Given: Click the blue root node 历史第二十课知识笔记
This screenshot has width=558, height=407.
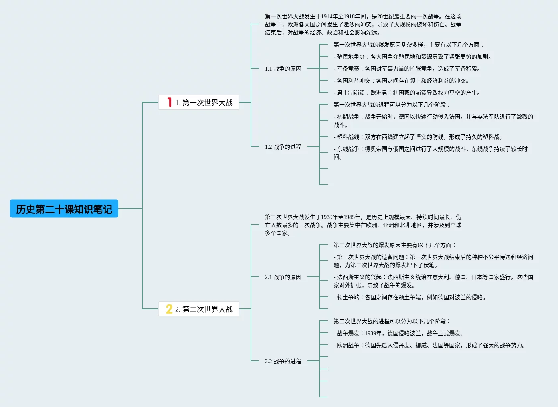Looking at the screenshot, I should coord(64,209).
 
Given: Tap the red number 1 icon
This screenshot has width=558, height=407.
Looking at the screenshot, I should coord(170,103).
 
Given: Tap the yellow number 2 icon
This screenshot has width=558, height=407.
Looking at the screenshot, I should coord(169,309).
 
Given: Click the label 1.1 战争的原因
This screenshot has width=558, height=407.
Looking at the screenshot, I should coord(283,69).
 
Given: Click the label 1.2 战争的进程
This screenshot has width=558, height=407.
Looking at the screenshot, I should coord(283,147).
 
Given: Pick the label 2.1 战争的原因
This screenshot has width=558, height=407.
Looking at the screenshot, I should coord(283,277).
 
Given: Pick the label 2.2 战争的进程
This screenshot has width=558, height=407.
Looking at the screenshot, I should coord(283,361).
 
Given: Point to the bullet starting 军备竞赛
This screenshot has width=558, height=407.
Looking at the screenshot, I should coord(406,69).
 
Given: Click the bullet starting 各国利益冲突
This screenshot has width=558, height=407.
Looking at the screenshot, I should coord(401,81).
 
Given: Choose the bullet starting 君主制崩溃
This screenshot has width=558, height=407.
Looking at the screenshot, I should coord(406,93).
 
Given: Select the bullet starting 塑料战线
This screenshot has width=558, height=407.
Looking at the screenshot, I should coord(418,137).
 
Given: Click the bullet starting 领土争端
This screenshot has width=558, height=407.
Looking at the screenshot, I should coord(409,297).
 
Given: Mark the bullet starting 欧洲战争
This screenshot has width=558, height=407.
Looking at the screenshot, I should coord(429,345).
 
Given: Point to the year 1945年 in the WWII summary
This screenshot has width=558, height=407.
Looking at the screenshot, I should coord(352,217).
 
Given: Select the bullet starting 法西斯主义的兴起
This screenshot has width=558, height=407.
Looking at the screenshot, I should coord(433,281).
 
